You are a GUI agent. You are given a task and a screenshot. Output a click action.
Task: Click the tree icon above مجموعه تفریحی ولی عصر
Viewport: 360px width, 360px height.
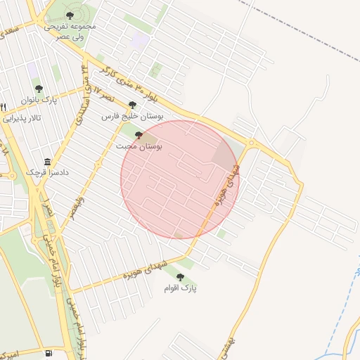pos(69,15)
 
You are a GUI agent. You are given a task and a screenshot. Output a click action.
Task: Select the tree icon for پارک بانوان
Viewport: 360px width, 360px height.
pos(38,89)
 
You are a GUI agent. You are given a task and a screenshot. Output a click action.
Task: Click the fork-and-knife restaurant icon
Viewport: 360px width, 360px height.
pos(4,107)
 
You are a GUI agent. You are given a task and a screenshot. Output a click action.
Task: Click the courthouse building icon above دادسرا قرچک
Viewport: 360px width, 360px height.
pos(47,161)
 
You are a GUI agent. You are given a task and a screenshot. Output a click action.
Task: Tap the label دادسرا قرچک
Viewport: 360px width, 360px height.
pos(44,172)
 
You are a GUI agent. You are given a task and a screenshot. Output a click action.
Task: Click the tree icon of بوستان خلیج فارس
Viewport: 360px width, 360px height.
pos(132,105)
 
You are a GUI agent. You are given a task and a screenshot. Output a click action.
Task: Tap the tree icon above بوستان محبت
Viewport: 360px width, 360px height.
pos(139,135)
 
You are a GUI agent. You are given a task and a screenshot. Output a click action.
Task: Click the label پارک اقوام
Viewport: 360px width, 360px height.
pos(180,288)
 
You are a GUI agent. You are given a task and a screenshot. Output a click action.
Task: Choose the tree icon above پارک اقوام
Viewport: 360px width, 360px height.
pos(180,278)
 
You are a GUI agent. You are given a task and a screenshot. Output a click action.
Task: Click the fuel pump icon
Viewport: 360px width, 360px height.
pos(48,352)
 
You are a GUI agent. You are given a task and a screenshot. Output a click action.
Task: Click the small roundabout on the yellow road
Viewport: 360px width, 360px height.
pos(251,144)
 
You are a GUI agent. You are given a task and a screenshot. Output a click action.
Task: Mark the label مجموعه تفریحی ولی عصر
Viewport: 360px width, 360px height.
pos(70,30)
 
